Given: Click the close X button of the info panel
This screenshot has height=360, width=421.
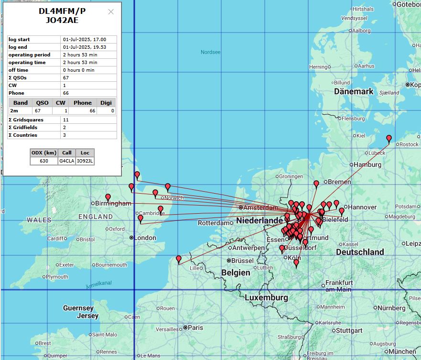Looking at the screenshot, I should click(111, 12).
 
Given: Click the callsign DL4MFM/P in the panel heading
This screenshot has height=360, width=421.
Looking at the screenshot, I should click(62, 11).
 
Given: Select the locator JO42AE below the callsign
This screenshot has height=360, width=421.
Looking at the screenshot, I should click(62, 21).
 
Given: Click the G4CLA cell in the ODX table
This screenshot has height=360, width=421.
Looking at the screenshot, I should click(66, 161).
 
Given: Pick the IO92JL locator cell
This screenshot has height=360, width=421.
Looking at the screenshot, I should click(85, 161).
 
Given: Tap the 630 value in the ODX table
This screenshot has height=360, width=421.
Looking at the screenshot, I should click(44, 161).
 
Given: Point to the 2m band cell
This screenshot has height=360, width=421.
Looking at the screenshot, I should click(14, 110).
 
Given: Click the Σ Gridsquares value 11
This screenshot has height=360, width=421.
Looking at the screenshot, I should click(65, 120).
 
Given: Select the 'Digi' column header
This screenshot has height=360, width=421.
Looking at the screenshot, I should click(106, 103).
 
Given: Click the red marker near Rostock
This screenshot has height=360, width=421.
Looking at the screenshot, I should click(389, 139).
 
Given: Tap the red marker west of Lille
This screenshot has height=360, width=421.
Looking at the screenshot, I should click(179, 259).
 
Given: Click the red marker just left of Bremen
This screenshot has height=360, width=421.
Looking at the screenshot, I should click(316, 184).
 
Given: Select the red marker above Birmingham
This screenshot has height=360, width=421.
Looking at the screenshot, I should click(108, 197).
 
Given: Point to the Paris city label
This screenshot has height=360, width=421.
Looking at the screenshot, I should click(195, 327).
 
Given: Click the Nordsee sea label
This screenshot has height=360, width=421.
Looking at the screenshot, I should click(210, 52).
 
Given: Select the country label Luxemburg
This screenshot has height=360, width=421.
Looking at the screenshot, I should click(266, 298).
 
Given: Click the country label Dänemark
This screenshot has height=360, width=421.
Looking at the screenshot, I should click(354, 91).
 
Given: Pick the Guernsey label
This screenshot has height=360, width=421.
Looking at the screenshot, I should click(78, 308).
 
